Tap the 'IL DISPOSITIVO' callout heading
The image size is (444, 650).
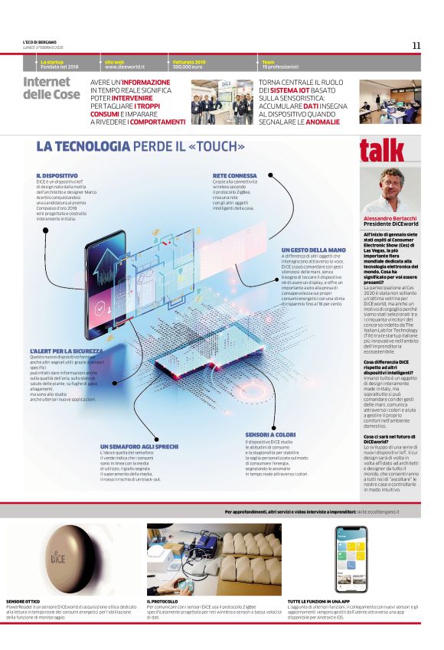(x=57, y=175)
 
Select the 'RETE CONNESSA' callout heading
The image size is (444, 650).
(x=235, y=175)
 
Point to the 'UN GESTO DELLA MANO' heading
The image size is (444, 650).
(x=314, y=250)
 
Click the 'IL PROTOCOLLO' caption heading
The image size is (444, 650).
(x=164, y=602)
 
